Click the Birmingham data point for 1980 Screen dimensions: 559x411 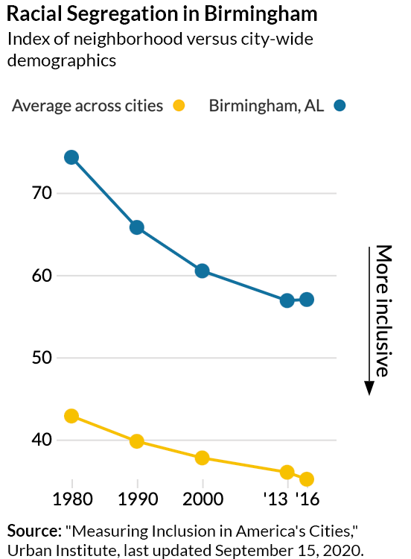tap(71, 157)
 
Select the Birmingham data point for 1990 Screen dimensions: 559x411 tap(137, 227)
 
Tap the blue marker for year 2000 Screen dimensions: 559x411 tap(202, 271)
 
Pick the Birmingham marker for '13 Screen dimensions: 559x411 tap(287, 300)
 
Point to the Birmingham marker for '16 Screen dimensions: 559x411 tap(307, 300)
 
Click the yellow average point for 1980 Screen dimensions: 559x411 tap(71, 416)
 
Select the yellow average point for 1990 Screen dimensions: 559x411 tap(137, 441)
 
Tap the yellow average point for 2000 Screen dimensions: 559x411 tap(202, 458)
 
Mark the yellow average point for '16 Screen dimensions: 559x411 tap(307, 479)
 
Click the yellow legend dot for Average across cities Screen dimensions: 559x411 tap(179, 106)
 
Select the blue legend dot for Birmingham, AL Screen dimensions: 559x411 tap(340, 106)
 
